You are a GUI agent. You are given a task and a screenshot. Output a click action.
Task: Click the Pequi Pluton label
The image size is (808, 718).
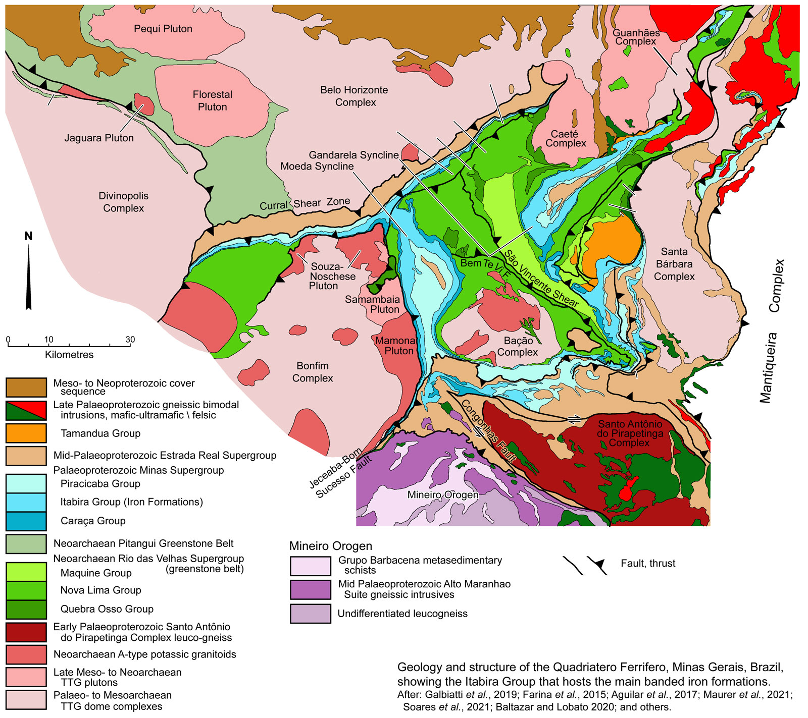(x=163, y=29)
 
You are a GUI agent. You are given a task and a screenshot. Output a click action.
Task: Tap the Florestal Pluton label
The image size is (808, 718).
(x=212, y=100)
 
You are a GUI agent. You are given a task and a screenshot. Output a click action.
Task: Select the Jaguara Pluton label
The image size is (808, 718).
(x=99, y=138)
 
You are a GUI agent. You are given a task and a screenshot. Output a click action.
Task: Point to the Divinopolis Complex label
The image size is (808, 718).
(x=123, y=202)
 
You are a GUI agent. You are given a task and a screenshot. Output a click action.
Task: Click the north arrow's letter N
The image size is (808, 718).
(x=28, y=236)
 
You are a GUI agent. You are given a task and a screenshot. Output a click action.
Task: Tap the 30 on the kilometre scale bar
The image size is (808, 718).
(x=130, y=340)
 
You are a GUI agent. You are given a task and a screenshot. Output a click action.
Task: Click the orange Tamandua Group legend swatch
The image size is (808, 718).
(x=26, y=433)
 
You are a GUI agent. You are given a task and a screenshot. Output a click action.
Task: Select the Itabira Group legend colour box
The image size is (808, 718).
(x=26, y=502)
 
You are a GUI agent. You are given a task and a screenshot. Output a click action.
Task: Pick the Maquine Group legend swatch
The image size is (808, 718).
(x=26, y=573)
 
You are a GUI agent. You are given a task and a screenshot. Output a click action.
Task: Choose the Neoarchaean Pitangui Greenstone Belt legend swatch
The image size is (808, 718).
(x=26, y=543)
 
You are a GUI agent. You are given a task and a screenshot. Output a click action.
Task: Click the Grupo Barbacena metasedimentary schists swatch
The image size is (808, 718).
(x=310, y=566)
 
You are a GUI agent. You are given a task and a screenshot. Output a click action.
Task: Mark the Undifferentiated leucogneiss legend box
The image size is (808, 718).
(x=310, y=614)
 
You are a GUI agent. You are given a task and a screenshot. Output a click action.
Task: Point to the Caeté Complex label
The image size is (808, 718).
(x=565, y=139)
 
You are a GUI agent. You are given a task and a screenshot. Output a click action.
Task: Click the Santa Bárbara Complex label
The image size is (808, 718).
(x=674, y=264)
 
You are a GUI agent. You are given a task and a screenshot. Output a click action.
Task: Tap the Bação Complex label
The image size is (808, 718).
(x=518, y=347)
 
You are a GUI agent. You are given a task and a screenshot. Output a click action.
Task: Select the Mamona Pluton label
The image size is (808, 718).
(x=396, y=346)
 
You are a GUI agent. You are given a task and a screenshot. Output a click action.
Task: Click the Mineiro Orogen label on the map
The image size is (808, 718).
(x=442, y=495)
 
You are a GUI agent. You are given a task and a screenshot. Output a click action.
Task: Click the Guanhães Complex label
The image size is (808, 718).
(x=636, y=37)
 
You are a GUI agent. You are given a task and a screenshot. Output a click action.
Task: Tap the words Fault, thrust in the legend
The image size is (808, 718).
(x=648, y=564)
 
